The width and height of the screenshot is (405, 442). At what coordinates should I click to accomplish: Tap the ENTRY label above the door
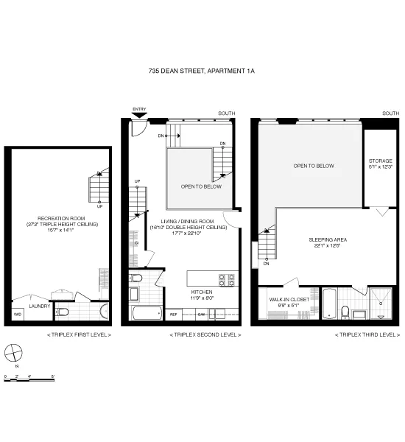[x=139, y=110]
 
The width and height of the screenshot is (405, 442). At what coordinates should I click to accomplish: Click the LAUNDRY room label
[x=39, y=306]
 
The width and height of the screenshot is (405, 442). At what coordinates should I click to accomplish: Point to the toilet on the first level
[x=63, y=313]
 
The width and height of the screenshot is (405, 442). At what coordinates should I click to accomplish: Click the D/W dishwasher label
[x=200, y=315]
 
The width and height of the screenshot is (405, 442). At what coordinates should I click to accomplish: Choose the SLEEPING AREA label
[x=328, y=239]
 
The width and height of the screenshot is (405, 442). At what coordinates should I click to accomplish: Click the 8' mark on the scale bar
[x=53, y=376]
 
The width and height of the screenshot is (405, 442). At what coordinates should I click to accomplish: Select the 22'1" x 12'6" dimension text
[x=328, y=246]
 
